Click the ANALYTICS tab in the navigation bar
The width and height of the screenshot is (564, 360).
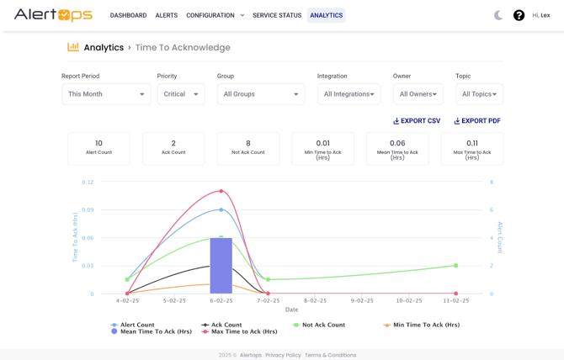(326, 15)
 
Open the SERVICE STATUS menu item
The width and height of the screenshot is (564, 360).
(277, 15)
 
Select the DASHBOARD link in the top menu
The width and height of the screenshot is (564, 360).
(128, 15)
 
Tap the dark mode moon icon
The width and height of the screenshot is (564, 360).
(498, 15)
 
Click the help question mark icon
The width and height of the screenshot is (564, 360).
(519, 15)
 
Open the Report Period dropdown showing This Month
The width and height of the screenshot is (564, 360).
(106, 94)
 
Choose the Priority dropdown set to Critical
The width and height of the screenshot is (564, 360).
(180, 94)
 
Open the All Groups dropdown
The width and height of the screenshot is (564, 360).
(261, 94)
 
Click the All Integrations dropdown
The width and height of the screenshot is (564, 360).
(349, 94)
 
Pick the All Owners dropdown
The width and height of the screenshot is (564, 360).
(418, 94)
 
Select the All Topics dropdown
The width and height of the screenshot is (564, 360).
(479, 94)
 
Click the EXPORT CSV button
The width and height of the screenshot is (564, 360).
(417, 121)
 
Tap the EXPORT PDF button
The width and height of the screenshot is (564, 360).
(477, 121)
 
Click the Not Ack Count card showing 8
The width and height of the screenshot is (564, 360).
(248, 148)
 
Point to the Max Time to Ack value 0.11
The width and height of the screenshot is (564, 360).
(472, 144)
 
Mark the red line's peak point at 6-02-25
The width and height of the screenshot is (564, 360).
(221, 191)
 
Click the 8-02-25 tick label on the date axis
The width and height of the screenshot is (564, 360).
(315, 300)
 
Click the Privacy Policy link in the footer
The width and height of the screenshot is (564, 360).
(283, 355)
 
